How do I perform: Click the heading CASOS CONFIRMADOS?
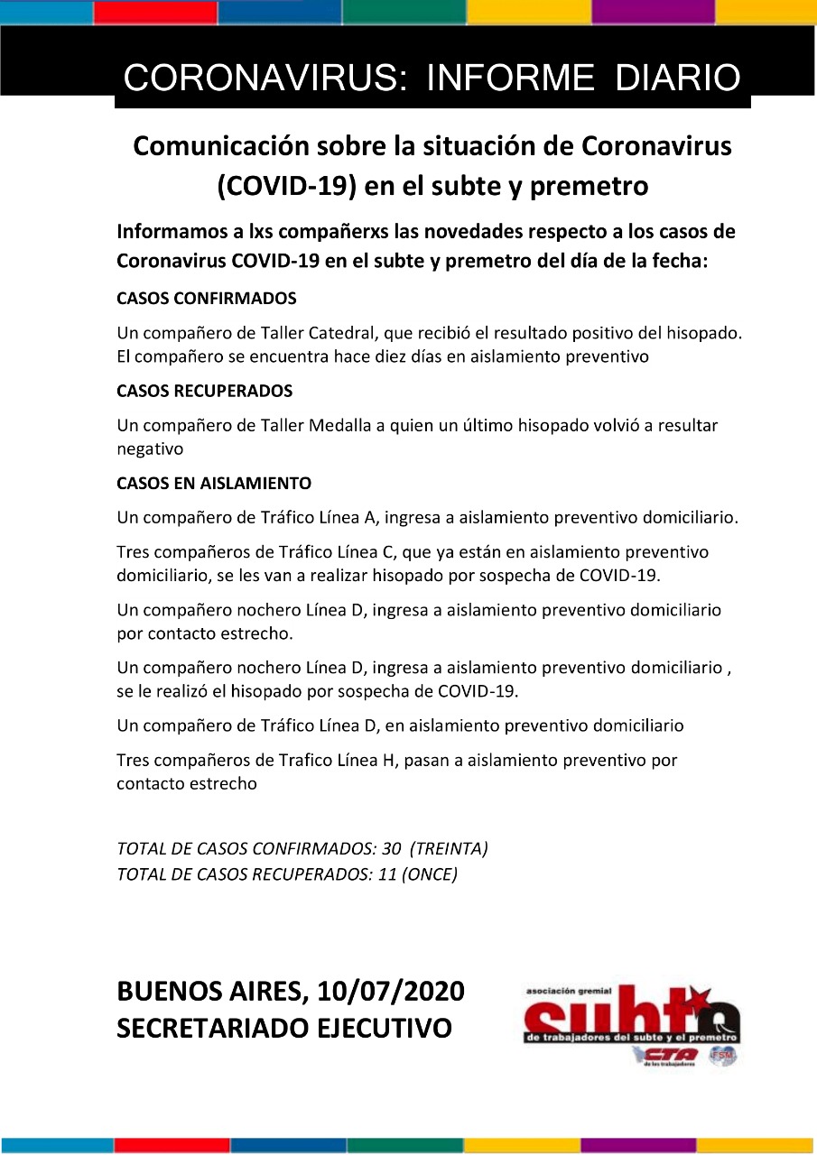[207, 299]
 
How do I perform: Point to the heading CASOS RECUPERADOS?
[205, 392]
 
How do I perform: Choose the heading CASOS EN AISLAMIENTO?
[214, 484]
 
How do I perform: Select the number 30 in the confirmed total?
[392, 849]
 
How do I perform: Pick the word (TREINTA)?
[449, 849]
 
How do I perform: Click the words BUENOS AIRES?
[209, 992]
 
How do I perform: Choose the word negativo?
[150, 448]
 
